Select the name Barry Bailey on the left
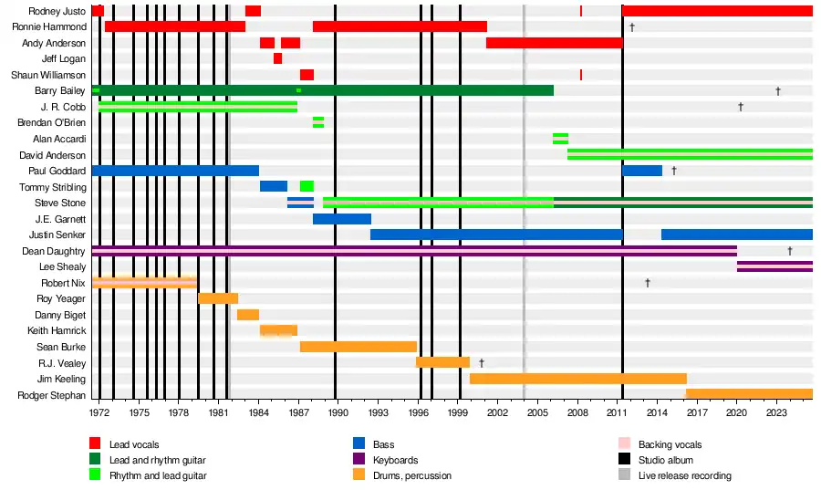59,91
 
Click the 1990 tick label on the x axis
337,413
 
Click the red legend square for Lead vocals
95,444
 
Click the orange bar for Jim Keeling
577,379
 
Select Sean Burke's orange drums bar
358,347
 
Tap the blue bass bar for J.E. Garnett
341,219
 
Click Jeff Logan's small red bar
277,58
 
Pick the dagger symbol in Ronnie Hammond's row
631,27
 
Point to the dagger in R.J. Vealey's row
481,363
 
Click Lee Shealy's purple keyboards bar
774,266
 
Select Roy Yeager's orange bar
218,298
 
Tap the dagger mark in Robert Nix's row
648,283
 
